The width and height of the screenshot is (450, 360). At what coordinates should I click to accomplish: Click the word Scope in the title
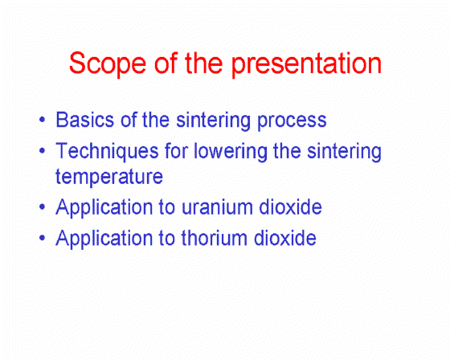(x=108, y=63)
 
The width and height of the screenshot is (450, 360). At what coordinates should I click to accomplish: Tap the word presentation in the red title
(x=306, y=63)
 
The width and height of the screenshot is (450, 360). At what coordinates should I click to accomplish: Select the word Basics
(x=85, y=120)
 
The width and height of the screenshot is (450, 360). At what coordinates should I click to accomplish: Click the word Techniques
(x=107, y=152)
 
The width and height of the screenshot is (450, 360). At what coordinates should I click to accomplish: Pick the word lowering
(x=231, y=152)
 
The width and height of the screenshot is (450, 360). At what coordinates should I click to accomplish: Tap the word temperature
(x=109, y=178)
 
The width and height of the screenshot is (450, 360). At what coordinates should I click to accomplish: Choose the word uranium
(x=217, y=207)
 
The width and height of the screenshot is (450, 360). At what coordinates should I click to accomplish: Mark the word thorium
(x=214, y=238)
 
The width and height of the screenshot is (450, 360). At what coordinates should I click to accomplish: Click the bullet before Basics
(x=42, y=120)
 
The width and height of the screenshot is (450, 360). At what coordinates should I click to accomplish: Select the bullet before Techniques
(x=42, y=150)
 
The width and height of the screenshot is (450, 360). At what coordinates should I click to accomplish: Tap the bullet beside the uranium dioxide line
(x=42, y=207)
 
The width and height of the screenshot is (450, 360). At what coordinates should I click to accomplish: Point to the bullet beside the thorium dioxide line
(x=42, y=238)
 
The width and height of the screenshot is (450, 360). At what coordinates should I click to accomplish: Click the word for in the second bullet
(x=176, y=150)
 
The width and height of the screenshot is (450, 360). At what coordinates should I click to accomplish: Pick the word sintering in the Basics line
(x=213, y=121)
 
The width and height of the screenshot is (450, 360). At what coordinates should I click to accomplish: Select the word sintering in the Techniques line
(x=344, y=152)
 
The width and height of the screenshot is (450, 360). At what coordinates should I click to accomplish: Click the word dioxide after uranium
(x=290, y=207)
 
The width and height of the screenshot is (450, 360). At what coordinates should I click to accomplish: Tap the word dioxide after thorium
(x=285, y=238)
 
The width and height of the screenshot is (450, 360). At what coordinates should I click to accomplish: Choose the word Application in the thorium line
(x=104, y=239)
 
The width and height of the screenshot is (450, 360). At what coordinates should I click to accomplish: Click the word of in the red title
(x=166, y=63)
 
